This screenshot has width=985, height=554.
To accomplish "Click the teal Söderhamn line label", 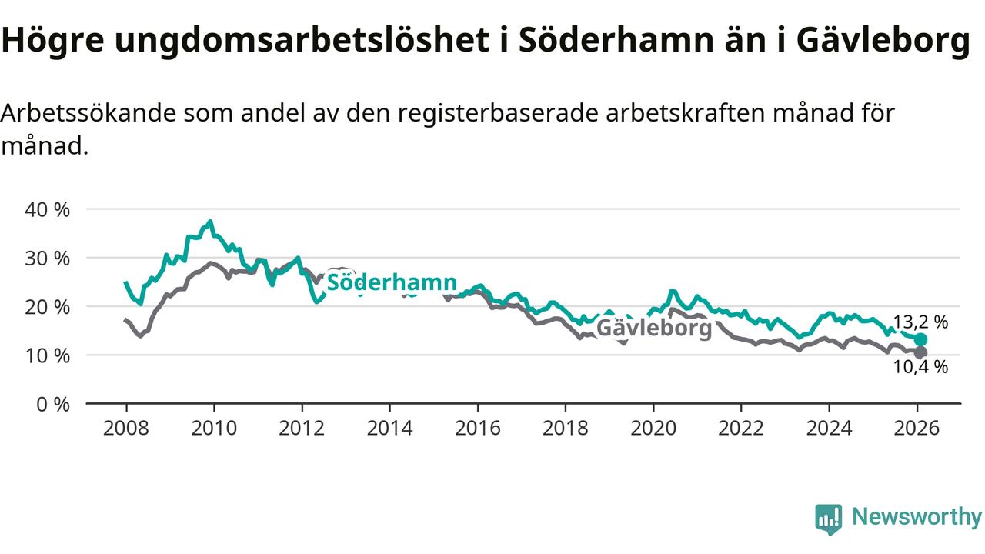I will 392,282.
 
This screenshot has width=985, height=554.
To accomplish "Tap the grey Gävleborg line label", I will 653,329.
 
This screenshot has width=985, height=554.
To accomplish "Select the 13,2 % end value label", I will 920,322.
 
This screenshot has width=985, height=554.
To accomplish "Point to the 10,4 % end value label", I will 920,368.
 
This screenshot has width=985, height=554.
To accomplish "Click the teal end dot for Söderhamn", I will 920,339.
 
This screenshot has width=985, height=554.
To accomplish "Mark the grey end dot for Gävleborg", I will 920,352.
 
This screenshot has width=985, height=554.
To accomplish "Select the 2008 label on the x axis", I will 126,428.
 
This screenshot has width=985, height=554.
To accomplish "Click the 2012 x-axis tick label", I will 302,428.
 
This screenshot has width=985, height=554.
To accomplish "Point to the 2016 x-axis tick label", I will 477,428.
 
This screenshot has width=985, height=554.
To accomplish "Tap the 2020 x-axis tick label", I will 653,428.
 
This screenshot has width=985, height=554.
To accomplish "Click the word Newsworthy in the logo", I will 917,517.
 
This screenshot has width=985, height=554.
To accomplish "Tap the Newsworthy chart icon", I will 829,519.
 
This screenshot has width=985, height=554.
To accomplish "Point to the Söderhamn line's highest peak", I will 210,222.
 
